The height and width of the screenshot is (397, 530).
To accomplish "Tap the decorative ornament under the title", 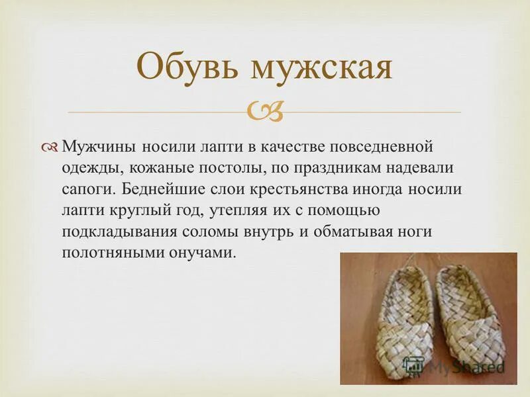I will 265,112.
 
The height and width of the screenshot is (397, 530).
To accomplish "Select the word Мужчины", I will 95,146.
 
